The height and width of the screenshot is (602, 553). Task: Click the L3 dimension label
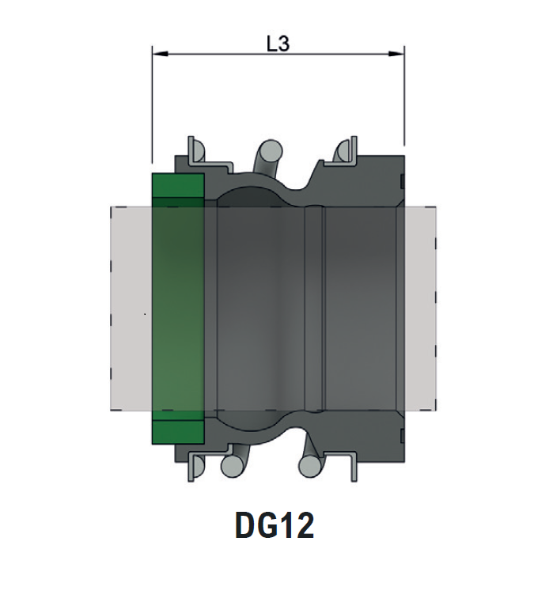(278, 44)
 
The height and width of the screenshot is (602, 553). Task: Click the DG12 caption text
(275, 526)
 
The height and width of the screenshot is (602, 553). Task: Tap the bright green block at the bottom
(178, 430)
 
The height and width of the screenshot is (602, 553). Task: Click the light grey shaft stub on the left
(130, 309)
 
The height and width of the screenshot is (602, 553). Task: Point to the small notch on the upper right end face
(403, 184)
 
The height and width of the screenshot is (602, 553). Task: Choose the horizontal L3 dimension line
(237, 55)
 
